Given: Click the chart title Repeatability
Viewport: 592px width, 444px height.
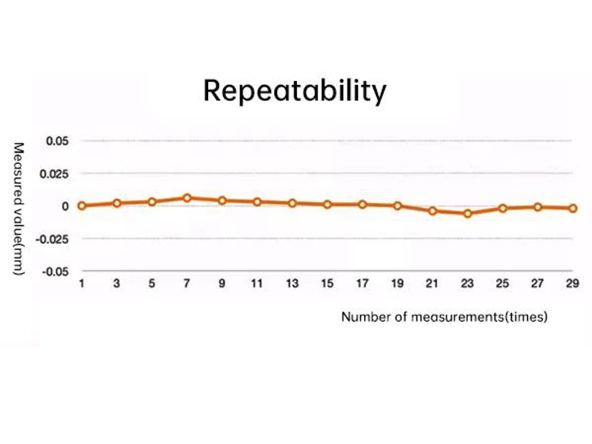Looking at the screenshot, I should pyautogui.click(x=295, y=91).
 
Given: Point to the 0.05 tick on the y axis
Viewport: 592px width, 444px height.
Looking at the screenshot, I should pyautogui.click(x=57, y=141).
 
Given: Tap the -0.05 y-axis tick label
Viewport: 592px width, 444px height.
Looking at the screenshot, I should pyautogui.click(x=55, y=271).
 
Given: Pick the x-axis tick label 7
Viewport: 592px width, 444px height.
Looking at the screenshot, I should pyautogui.click(x=187, y=284).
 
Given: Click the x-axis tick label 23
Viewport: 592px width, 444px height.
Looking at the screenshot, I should pyautogui.click(x=467, y=284).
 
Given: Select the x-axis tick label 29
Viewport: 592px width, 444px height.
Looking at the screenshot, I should pyautogui.click(x=573, y=284).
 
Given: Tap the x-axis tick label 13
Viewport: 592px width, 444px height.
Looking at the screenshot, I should pyautogui.click(x=292, y=284).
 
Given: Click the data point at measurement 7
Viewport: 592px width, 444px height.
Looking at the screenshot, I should pyautogui.click(x=187, y=198).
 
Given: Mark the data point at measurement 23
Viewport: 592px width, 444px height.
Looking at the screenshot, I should pyautogui.click(x=467, y=213).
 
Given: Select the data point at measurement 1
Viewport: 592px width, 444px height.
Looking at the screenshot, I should pyautogui.click(x=81, y=205).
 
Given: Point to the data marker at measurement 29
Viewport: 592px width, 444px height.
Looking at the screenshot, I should pyautogui.click(x=573, y=208).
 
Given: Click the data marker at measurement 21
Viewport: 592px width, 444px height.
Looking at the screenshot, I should pyautogui.click(x=433, y=211).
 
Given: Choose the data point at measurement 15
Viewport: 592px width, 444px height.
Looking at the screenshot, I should pyautogui.click(x=327, y=204).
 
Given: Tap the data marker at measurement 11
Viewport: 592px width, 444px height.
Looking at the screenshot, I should pyautogui.click(x=257, y=202).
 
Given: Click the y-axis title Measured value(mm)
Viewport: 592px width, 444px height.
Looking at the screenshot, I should pyautogui.click(x=18, y=208).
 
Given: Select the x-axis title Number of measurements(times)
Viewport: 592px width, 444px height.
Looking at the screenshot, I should pyautogui.click(x=445, y=318).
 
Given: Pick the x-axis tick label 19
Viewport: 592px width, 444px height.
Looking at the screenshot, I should pyautogui.click(x=398, y=284).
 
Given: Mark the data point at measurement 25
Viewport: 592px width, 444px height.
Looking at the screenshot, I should pyautogui.click(x=503, y=208).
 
